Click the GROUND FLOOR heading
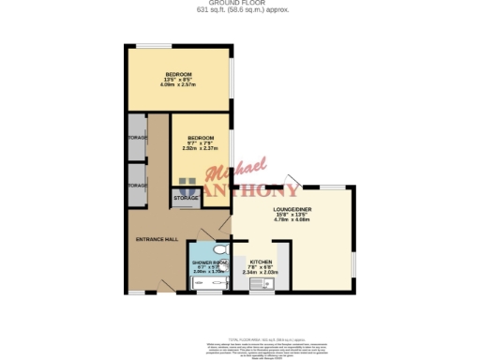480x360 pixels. [240, 4]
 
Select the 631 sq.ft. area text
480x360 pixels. [240, 10]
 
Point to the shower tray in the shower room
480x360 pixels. [202, 282]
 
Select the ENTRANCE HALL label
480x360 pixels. [157, 239]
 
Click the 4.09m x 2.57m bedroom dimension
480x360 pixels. [179, 85]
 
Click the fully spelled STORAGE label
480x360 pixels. [185, 199]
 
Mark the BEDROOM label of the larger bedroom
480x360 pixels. [179, 73]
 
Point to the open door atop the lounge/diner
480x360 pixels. [294, 180]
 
